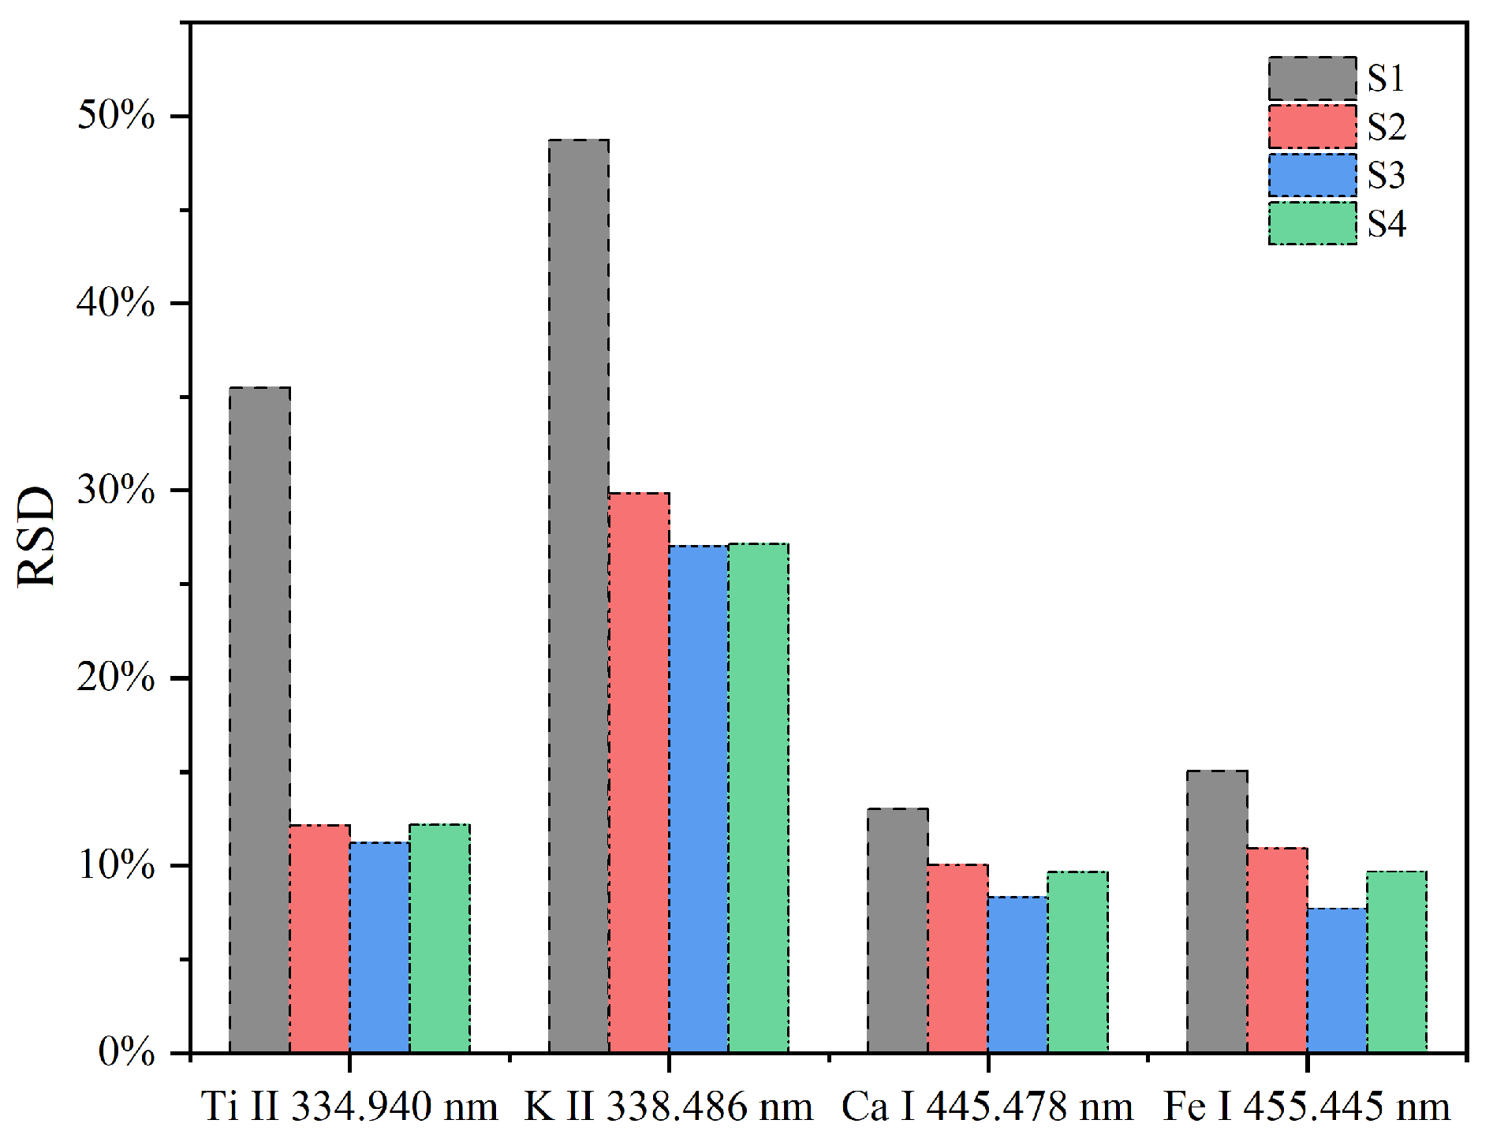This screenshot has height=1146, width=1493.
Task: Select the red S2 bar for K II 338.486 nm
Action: click(x=639, y=772)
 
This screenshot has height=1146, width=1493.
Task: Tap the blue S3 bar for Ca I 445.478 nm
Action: click(x=1017, y=974)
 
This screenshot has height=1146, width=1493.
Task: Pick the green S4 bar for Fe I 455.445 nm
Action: click(x=1396, y=961)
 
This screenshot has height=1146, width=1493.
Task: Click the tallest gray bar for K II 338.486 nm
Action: click(x=579, y=595)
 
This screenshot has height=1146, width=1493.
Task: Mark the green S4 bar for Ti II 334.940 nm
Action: click(x=439, y=938)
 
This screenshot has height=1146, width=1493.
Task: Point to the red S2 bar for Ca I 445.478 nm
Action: click(x=957, y=958)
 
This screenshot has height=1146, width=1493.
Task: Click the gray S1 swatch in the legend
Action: click(x=1312, y=79)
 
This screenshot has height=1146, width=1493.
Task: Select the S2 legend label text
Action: click(x=1386, y=127)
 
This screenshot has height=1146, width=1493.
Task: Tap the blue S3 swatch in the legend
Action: click(x=1312, y=175)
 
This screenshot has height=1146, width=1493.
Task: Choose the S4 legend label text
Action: click(x=1386, y=224)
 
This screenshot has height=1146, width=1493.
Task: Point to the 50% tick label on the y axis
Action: click(x=116, y=116)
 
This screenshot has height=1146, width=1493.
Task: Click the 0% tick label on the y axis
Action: click(x=126, y=1051)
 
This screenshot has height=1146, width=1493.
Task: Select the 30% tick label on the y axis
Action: click(x=116, y=491)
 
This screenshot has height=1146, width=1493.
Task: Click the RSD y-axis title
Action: click(x=37, y=536)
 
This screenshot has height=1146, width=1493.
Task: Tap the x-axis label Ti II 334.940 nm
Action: click(x=349, y=1107)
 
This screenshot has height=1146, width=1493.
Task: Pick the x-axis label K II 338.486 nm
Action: click(x=669, y=1107)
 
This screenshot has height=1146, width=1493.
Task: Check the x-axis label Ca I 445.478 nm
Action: click(x=987, y=1107)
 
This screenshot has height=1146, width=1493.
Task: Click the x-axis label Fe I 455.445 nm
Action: click(x=1306, y=1107)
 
